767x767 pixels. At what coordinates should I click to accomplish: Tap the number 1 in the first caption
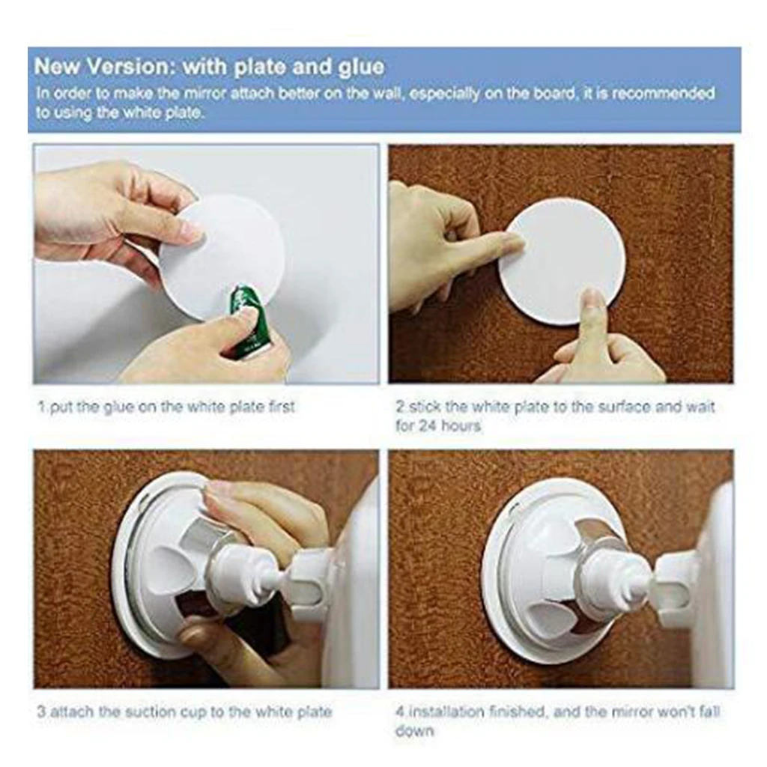(40, 407)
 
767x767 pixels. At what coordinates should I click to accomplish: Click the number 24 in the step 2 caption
(426, 425)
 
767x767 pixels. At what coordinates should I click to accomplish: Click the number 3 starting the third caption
(41, 712)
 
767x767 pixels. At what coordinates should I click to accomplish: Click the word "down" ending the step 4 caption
(414, 730)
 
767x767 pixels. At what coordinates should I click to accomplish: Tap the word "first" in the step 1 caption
(279, 407)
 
